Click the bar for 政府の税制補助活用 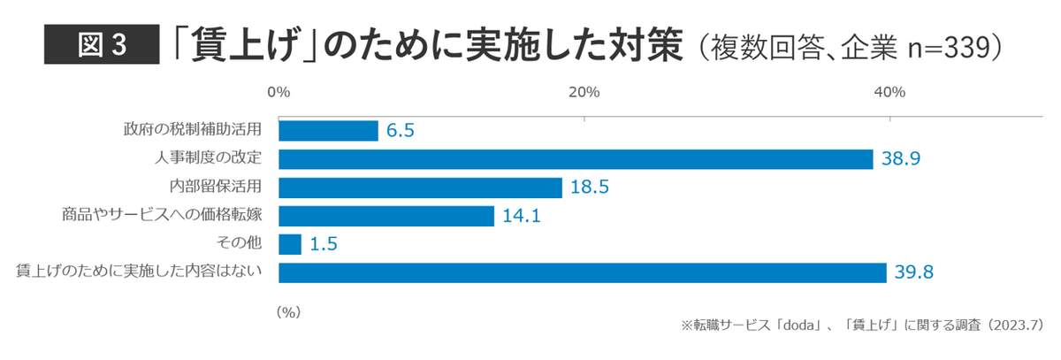328,131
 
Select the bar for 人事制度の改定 576,159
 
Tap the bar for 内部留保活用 420,188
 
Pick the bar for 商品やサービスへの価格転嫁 386,216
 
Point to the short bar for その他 290,244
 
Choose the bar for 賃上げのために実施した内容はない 582,272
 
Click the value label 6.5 401,131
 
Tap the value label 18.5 586,188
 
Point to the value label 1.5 324,244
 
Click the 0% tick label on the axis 279,92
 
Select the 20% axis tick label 584,92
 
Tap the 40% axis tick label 889,92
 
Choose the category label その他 244,244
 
